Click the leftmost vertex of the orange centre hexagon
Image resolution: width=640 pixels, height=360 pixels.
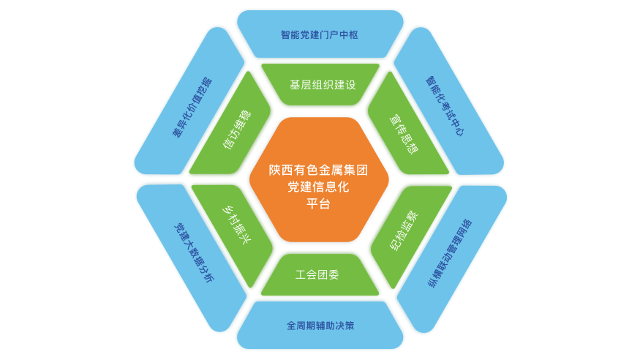pos(249,179)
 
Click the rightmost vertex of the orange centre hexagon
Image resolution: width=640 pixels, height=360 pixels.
pos(389,179)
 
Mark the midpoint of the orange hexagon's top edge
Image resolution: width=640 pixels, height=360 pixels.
pos(319,118)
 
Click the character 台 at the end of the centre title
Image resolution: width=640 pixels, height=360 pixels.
pos(324,203)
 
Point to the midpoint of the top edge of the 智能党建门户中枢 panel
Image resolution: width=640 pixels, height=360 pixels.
pos(320,11)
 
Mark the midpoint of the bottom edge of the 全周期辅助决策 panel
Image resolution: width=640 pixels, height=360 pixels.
pos(320,348)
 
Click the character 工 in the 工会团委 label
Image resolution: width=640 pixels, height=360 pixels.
pos(301,274)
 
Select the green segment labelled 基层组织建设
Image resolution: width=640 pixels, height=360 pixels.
pos(320,84)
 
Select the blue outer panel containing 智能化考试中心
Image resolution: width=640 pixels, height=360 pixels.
pos(448,102)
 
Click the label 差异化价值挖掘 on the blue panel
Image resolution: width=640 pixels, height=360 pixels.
pos(192,108)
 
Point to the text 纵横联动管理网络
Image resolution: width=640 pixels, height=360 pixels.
pos(450,253)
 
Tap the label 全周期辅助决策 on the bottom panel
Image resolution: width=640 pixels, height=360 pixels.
pos(320,326)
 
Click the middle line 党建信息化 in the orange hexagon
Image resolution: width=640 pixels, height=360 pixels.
pos(318,187)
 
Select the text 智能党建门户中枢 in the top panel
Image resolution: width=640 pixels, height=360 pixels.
pos(320,34)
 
